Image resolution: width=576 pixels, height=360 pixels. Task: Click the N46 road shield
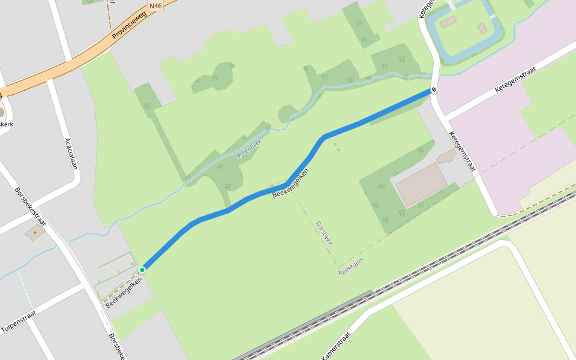155,6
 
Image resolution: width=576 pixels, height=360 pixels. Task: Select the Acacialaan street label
71,154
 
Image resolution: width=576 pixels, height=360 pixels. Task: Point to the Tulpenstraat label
19,322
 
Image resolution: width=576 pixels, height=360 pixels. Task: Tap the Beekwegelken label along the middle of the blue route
290,183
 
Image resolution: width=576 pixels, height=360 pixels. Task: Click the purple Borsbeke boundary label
324,233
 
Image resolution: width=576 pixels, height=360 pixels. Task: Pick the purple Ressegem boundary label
351,266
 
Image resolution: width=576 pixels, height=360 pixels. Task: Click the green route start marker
142,270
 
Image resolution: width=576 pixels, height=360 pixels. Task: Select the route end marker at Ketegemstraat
433,90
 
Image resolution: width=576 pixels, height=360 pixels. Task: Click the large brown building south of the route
421,184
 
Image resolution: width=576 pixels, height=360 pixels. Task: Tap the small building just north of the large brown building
446,158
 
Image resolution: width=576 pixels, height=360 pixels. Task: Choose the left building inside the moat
448,22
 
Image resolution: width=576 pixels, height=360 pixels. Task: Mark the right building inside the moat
482,28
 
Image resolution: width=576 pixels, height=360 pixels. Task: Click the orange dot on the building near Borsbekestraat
35,232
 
